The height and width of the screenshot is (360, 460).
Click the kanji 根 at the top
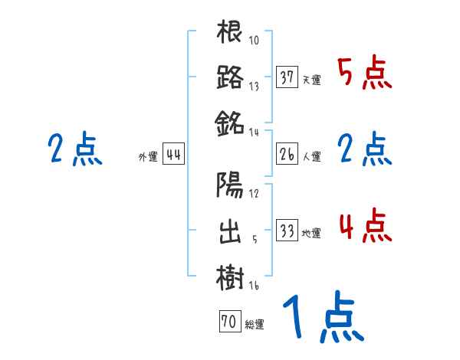coord(230,34)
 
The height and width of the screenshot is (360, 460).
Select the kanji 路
coord(230,77)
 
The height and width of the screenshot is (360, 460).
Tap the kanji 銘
coord(230,122)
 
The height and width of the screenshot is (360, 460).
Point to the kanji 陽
coord(230,185)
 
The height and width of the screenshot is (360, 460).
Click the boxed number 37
coord(287,77)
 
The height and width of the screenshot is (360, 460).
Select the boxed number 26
coord(287,155)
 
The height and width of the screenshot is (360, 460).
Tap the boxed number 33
coord(287,231)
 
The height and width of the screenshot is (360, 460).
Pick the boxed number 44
coord(174,155)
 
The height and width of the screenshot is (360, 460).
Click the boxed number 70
coord(229,322)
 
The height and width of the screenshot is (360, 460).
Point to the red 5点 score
coord(365,74)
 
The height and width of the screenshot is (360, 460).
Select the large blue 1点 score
coord(322,319)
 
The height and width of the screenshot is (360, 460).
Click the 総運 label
coord(255,325)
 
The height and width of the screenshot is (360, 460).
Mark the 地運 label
coord(312,233)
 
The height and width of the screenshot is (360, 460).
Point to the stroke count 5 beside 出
coord(254,239)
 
